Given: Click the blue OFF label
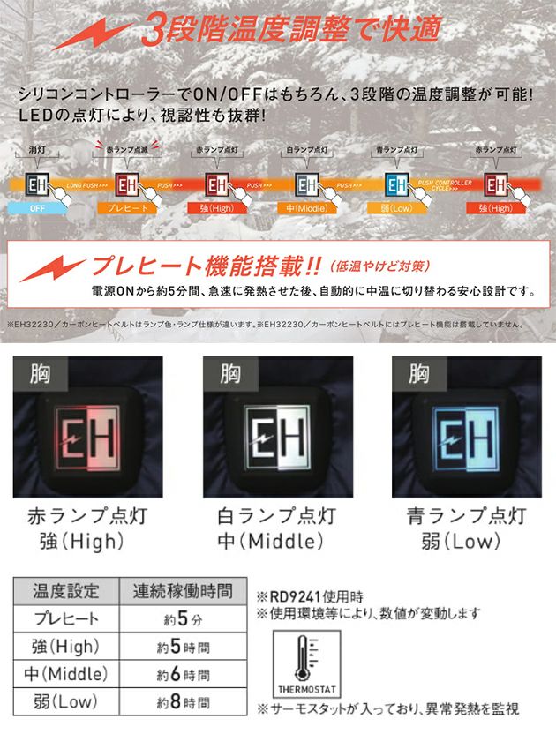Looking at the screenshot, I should [x=36, y=209].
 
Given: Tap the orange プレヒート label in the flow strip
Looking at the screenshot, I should [x=124, y=209].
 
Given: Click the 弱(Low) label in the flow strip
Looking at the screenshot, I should [x=394, y=209].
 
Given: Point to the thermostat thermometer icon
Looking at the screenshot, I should [x=303, y=656].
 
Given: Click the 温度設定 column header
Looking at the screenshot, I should [x=67, y=590].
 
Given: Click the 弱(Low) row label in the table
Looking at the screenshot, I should [x=67, y=703].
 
